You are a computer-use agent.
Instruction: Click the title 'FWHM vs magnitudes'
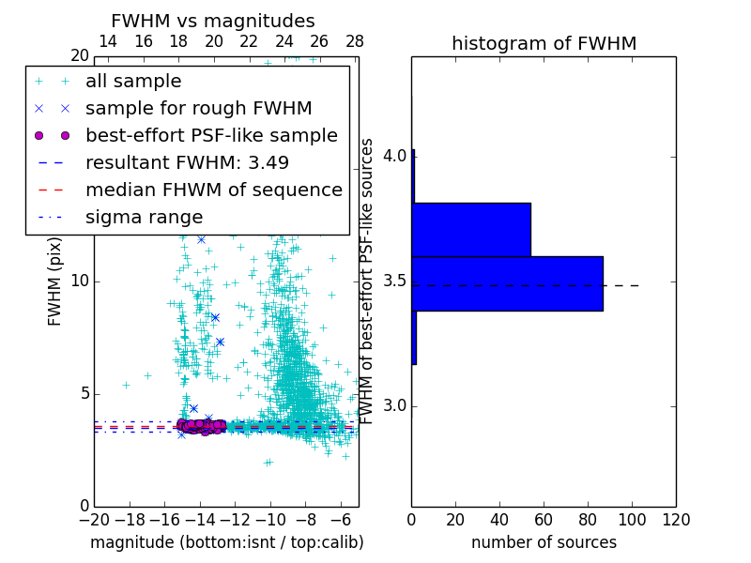click(x=213, y=21)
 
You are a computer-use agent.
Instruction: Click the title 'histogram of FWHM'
click(x=544, y=43)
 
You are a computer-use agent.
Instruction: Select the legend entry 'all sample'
click(x=133, y=82)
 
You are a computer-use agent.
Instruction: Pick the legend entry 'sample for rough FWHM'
click(x=198, y=108)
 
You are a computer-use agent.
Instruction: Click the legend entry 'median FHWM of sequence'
click(x=213, y=190)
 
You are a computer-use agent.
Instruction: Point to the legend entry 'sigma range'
click(x=144, y=218)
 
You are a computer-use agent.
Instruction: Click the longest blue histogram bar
click(x=507, y=283)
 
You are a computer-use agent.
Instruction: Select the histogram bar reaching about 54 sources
click(x=471, y=229)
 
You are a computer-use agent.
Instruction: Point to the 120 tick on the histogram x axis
click(x=676, y=520)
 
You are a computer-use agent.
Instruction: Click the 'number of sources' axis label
click(x=544, y=542)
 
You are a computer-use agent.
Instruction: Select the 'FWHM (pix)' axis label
click(x=54, y=281)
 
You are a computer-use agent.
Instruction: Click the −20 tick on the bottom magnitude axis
click(x=94, y=520)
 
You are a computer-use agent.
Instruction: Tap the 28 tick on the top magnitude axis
click(x=354, y=41)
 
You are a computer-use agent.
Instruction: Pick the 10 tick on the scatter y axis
click(x=79, y=281)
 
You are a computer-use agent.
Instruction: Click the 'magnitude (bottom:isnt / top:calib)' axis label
click(x=226, y=542)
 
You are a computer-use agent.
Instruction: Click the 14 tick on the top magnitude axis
click(x=108, y=41)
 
